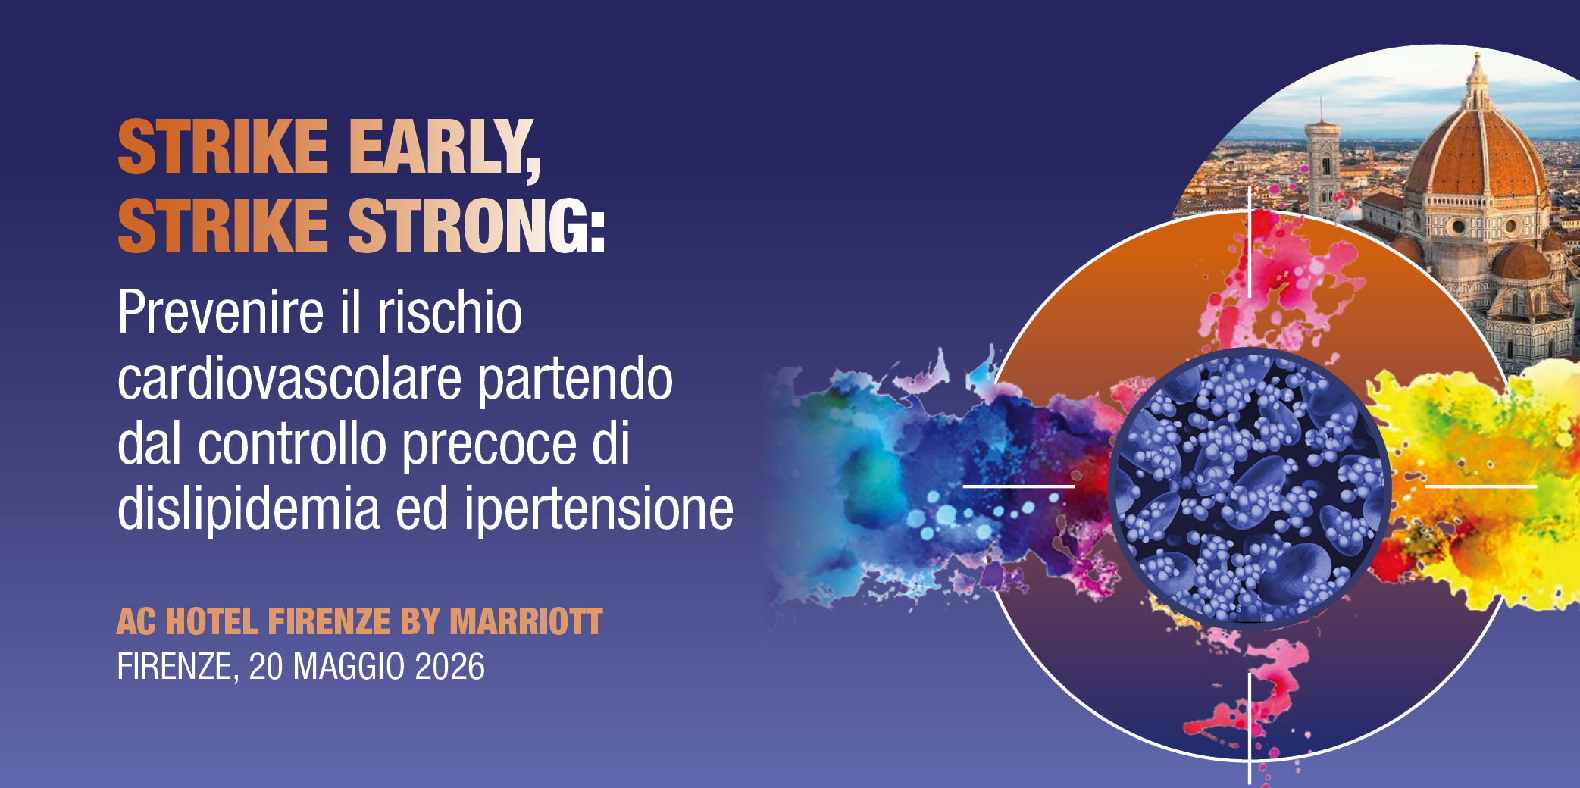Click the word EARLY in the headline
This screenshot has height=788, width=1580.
pyautogui.click(x=443, y=147)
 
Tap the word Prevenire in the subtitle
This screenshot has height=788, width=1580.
pyautogui.click(x=221, y=312)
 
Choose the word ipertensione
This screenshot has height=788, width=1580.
pyautogui.click(x=599, y=508)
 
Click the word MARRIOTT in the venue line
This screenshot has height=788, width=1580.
pyautogui.click(x=526, y=622)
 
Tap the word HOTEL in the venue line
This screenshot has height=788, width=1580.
pyautogui.click(x=211, y=622)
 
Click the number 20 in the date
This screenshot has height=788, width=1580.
pyautogui.click(x=266, y=667)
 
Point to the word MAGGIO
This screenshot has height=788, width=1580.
pyautogui.click(x=349, y=667)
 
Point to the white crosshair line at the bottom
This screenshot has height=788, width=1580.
pyautogui.click(x=1249, y=727)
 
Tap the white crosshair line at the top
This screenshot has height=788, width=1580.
pyautogui.click(x=1249, y=242)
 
